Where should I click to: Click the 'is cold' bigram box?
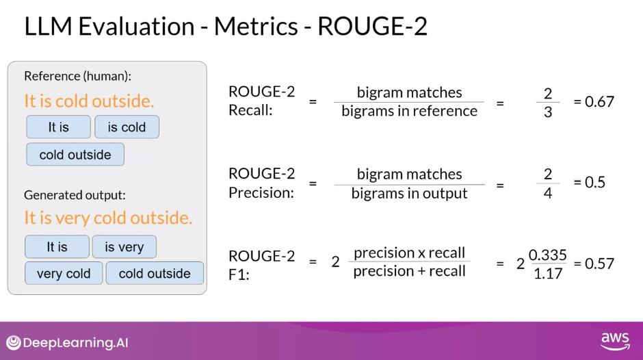(x=127, y=127)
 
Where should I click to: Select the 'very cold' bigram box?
(x=64, y=273)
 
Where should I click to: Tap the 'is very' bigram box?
(x=124, y=247)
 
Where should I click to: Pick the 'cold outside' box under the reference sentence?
(x=75, y=155)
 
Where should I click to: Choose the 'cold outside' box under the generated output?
(x=155, y=273)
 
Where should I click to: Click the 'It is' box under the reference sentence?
(x=58, y=127)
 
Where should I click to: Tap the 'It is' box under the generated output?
(x=57, y=247)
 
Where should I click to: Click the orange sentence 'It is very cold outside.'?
(x=108, y=218)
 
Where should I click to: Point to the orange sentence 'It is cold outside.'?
(x=89, y=101)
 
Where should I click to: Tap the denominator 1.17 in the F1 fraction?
(x=547, y=272)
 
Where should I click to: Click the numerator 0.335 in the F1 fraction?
(x=547, y=255)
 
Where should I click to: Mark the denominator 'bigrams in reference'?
(x=409, y=111)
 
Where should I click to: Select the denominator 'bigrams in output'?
(x=409, y=193)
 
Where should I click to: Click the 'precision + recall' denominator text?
(x=409, y=271)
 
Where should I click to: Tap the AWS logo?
(x=615, y=341)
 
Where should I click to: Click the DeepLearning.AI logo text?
(x=75, y=343)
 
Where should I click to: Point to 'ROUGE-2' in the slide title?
(x=372, y=26)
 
